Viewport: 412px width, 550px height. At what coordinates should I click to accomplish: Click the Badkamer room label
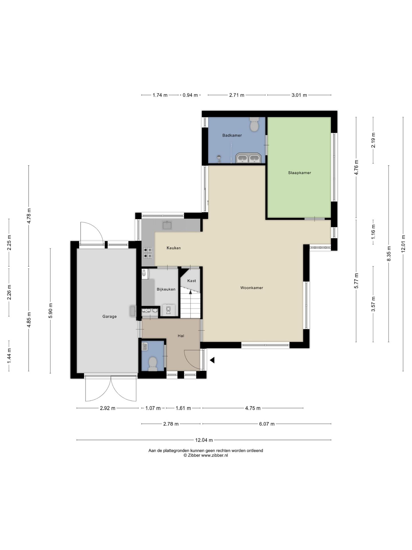click(x=232, y=135)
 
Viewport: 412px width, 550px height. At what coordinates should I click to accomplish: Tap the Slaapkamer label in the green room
click(x=299, y=173)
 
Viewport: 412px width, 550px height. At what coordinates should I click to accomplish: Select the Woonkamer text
click(x=251, y=288)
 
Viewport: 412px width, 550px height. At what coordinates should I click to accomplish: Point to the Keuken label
click(x=174, y=248)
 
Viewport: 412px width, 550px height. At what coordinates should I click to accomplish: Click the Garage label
click(x=110, y=317)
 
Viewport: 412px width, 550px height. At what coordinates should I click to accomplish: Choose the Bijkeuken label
click(x=166, y=289)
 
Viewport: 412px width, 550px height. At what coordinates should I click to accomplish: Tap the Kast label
click(x=192, y=281)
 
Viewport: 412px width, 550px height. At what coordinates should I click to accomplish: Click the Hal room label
click(x=181, y=336)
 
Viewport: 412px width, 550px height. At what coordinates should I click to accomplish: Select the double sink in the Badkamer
click(x=248, y=158)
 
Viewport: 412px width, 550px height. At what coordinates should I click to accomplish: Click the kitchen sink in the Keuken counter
click(x=167, y=225)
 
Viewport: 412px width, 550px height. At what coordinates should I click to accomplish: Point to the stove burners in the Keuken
click(x=148, y=253)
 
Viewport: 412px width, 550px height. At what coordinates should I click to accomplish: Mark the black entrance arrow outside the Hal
click(x=212, y=360)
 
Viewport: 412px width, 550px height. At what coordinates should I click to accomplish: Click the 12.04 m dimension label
click(x=204, y=440)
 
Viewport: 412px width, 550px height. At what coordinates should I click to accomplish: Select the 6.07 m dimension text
click(x=267, y=424)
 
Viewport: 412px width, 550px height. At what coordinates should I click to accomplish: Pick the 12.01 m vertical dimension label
click(x=403, y=244)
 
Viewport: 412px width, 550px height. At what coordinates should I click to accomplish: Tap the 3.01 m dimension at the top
click(x=299, y=95)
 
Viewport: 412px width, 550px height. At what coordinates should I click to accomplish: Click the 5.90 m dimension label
click(x=51, y=311)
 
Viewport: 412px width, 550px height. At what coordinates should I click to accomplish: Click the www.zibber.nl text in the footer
click(x=215, y=455)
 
